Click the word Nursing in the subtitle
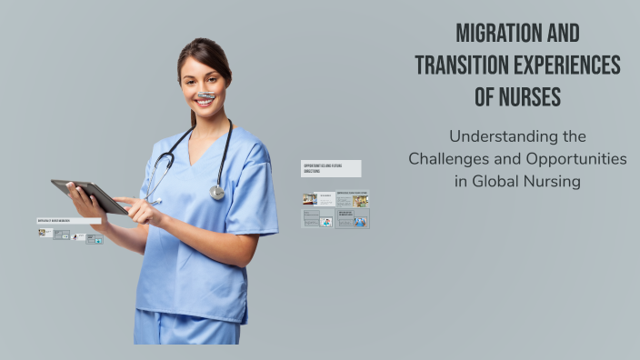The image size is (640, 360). point(551,181)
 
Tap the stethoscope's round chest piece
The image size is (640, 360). point(217,192)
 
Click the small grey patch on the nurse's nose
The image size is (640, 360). point(206,94)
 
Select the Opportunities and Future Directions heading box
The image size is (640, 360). point(331,168)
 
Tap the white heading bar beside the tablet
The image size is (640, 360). point(68,221)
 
